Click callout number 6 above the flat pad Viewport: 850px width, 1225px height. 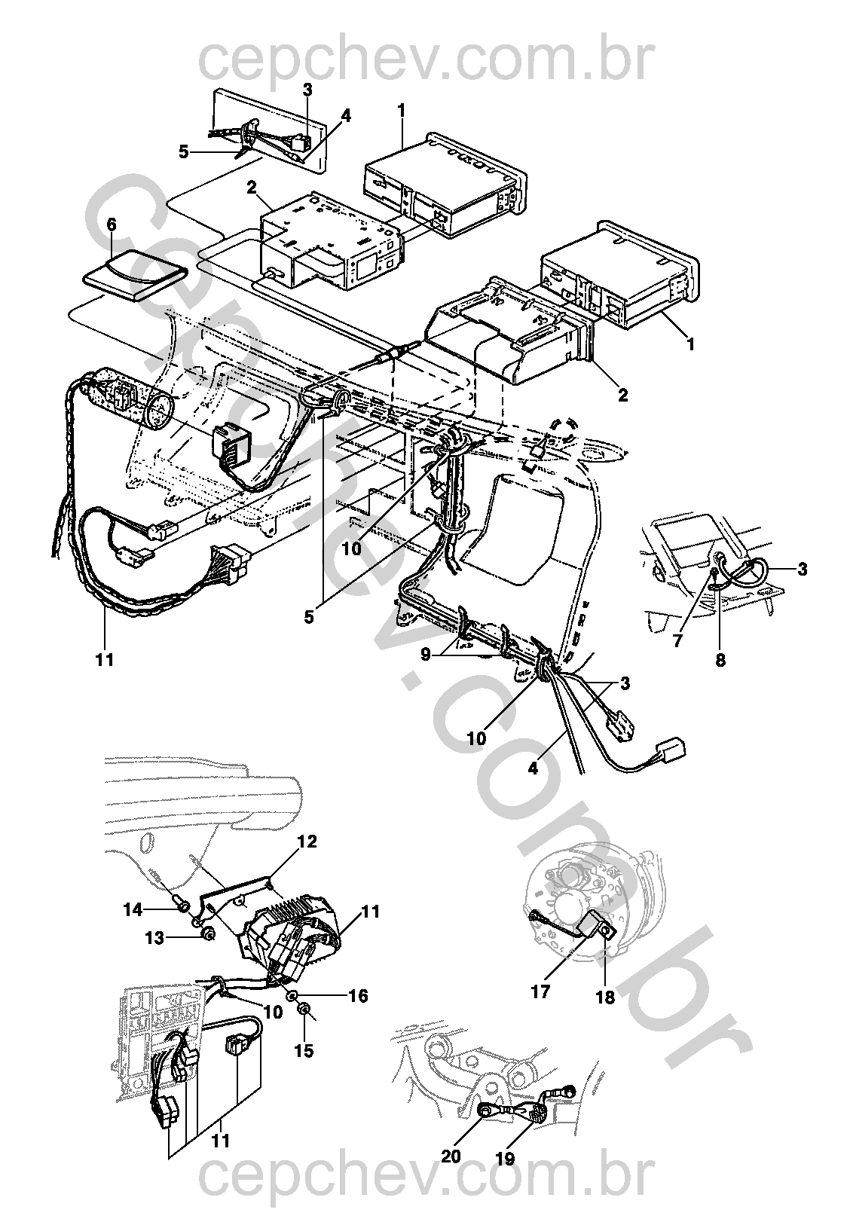click(x=111, y=225)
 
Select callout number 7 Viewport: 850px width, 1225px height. click(x=677, y=640)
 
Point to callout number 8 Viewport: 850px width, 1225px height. click(x=720, y=660)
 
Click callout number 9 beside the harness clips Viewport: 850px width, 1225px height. click(x=427, y=652)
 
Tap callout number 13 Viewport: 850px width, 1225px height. click(x=154, y=938)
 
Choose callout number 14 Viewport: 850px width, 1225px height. click(x=133, y=910)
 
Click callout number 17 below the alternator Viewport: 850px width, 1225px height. click(x=540, y=991)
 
